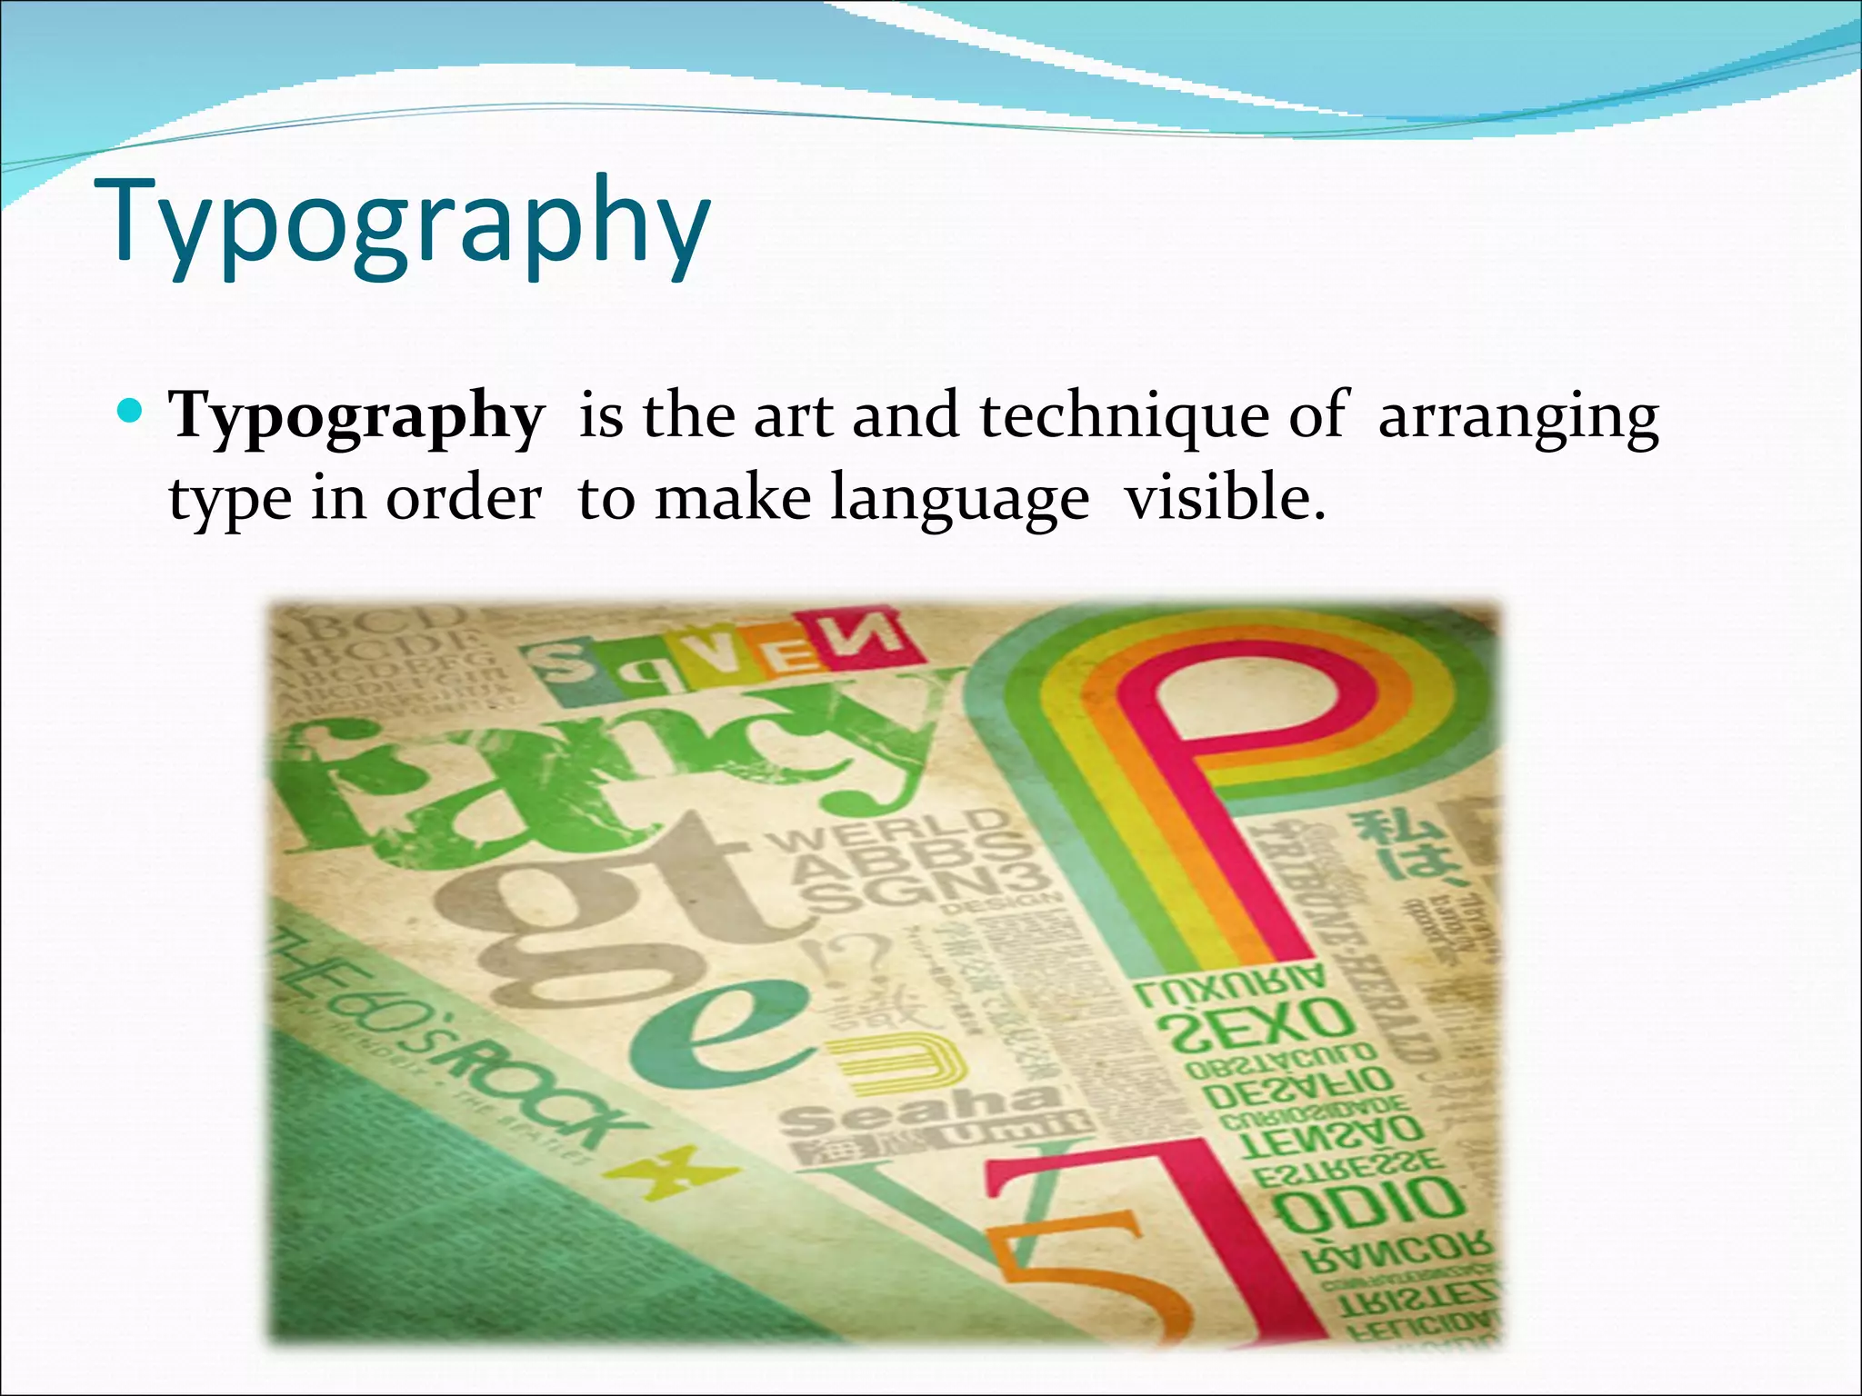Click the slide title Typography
click(x=411, y=227)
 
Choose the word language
click(x=960, y=501)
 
